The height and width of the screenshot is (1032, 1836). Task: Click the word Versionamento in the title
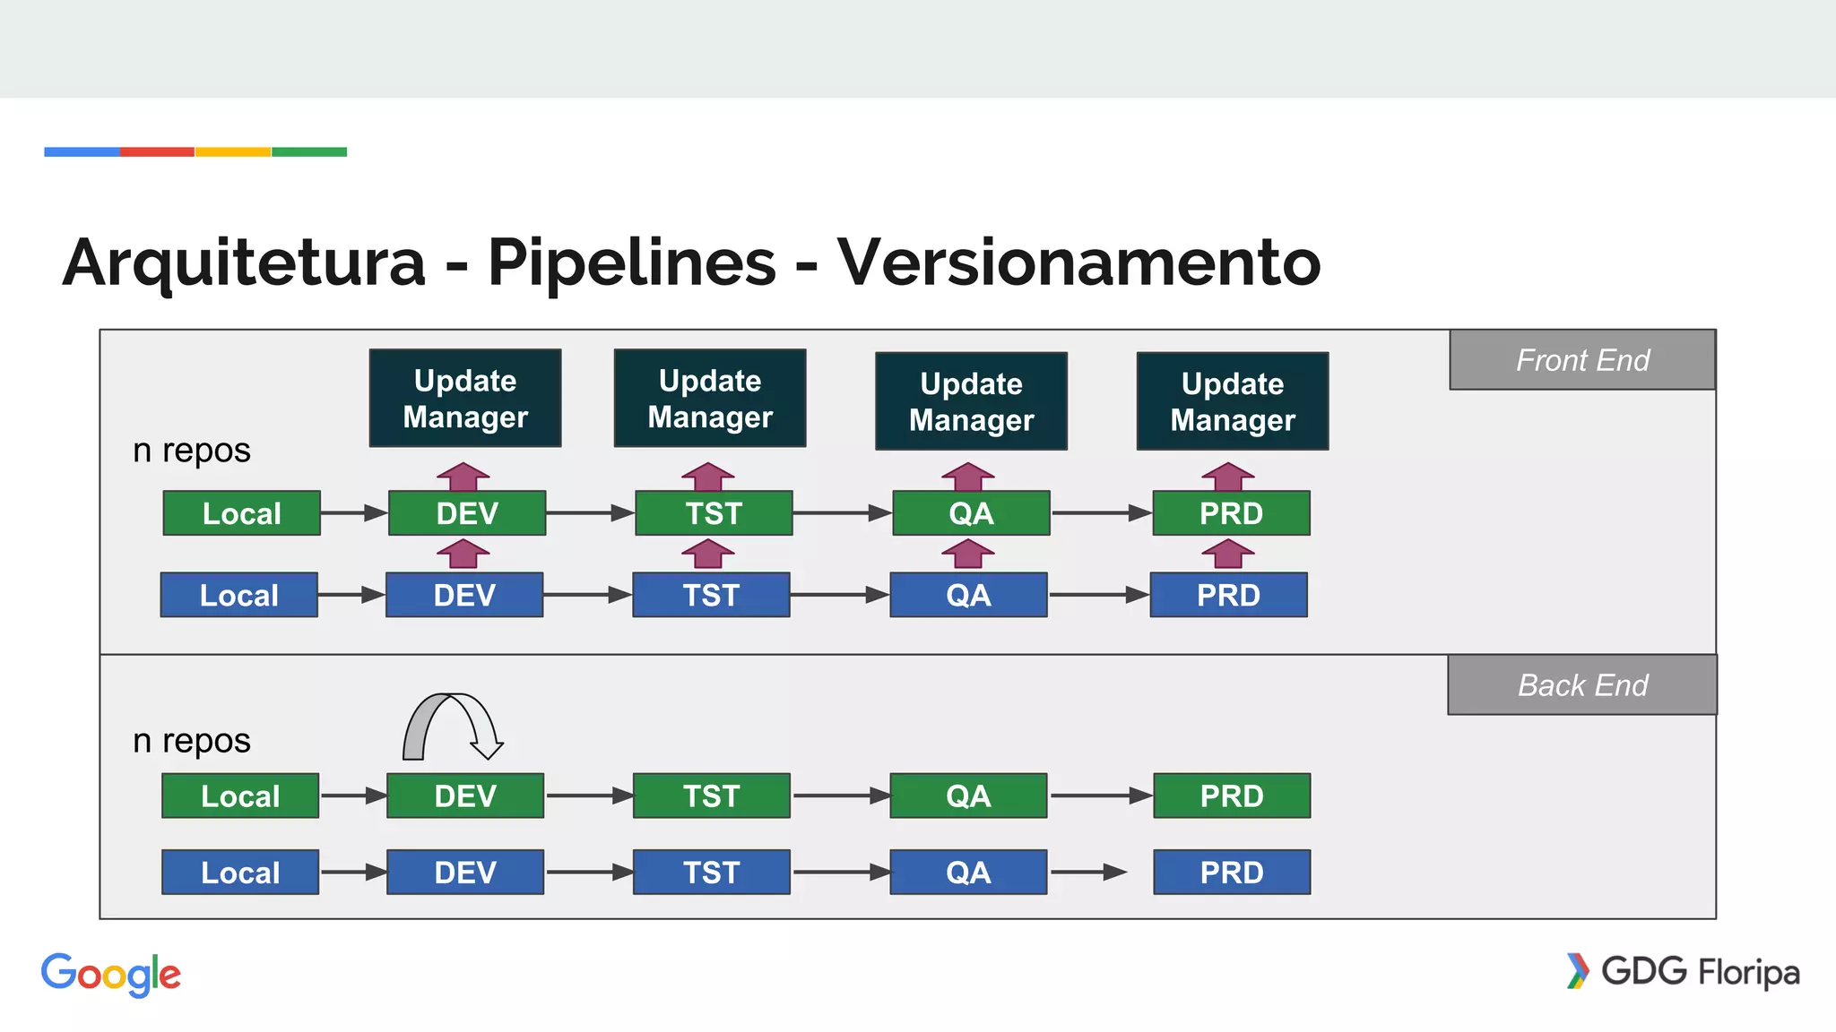click(x=1078, y=262)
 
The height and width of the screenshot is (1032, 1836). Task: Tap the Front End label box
click(x=1582, y=360)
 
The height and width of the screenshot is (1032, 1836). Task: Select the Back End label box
click(x=1582, y=685)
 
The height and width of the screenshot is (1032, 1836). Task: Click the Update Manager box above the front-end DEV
click(x=465, y=399)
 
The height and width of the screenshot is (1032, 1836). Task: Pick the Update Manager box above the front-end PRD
click(x=1233, y=401)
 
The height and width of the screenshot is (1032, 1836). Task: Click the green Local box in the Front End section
click(x=241, y=513)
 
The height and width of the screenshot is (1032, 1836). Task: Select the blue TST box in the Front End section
click(x=711, y=595)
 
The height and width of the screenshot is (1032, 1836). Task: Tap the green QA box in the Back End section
click(x=968, y=795)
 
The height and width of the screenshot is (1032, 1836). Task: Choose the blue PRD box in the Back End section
click(x=1232, y=873)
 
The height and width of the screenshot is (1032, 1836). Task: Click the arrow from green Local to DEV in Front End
click(x=353, y=513)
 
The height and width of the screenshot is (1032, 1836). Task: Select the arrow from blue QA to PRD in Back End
click(x=1088, y=873)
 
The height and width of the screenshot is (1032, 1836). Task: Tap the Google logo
click(x=111, y=975)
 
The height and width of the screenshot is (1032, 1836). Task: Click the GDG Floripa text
click(x=1699, y=972)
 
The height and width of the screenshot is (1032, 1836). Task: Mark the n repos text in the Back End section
click(x=192, y=741)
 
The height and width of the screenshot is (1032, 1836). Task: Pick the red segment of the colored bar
click(x=157, y=152)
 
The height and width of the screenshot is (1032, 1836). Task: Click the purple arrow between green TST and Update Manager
click(x=708, y=477)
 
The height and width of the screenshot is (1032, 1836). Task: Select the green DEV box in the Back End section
click(x=465, y=795)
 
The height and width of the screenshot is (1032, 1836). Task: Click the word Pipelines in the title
click(x=631, y=262)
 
